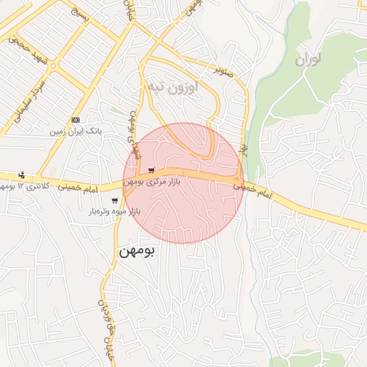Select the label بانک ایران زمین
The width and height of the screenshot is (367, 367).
(75, 132)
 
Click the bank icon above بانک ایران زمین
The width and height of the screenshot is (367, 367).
(75, 120)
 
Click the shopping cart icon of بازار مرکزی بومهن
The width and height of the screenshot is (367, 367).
(151, 171)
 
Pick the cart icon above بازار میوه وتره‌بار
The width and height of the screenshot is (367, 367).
(115, 201)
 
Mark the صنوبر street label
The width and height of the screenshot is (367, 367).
(226, 70)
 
